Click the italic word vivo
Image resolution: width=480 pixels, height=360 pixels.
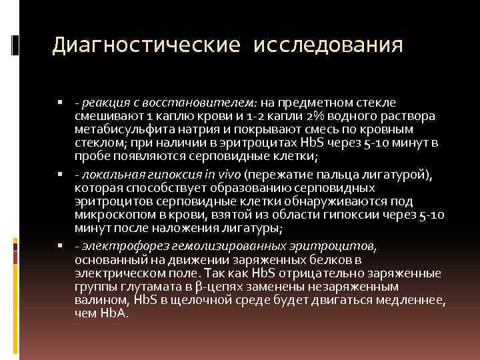[x=228, y=175]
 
